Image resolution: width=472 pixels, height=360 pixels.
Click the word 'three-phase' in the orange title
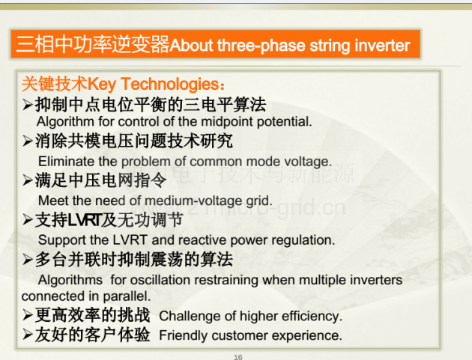point(261,46)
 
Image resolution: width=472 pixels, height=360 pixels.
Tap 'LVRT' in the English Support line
point(130,240)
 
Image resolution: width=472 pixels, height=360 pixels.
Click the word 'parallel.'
point(127,296)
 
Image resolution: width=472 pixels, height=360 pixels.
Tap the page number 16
point(237,357)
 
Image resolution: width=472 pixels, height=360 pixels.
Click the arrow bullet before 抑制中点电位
point(28,105)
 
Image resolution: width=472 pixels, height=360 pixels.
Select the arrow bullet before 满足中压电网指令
point(28,180)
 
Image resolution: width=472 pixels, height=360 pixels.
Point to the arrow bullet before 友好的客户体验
point(28,335)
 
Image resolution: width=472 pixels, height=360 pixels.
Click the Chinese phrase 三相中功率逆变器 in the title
point(93,44)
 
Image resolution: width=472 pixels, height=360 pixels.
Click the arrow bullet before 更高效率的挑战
point(28,315)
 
